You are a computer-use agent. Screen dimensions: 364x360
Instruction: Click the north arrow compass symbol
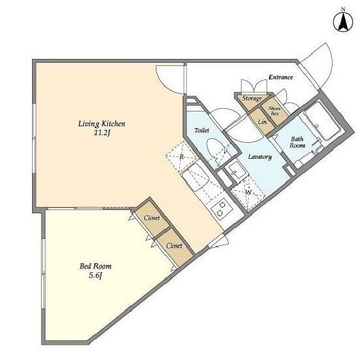343,22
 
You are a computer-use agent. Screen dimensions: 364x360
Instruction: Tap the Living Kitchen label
102,124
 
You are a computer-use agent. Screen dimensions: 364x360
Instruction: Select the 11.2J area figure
101,133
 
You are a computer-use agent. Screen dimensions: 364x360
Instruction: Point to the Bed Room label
95,266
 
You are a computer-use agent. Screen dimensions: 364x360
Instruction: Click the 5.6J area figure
95,275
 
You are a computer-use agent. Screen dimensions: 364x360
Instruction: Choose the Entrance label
281,78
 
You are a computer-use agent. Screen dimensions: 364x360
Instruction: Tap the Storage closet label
252,99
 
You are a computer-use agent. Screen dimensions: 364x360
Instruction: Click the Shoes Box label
275,111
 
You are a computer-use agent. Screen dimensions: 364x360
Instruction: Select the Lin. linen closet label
263,122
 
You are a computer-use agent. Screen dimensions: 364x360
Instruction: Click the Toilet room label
202,131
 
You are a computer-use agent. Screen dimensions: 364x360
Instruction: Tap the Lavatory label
260,157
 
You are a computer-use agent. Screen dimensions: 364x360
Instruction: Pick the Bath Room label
297,142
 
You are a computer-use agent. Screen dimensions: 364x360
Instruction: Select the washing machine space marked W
248,192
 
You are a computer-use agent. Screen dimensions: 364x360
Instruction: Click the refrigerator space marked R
182,157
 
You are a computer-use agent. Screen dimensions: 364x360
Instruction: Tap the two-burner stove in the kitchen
221,208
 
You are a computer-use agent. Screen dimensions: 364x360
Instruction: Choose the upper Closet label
152,218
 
